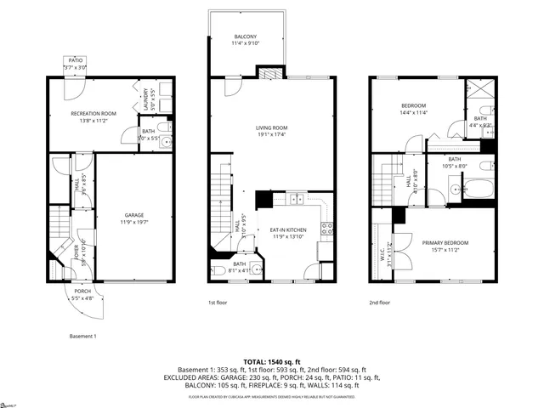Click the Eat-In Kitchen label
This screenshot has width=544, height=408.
pos(287,229)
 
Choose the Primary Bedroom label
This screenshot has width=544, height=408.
pos(445,242)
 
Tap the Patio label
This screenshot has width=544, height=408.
pos(76,60)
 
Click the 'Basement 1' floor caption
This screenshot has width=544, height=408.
pos(82,336)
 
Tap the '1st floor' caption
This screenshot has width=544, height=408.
pos(218,302)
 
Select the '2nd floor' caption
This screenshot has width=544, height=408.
pos(379,302)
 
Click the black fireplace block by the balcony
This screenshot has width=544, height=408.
pos(271,74)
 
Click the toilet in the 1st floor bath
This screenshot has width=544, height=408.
pos(218,272)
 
